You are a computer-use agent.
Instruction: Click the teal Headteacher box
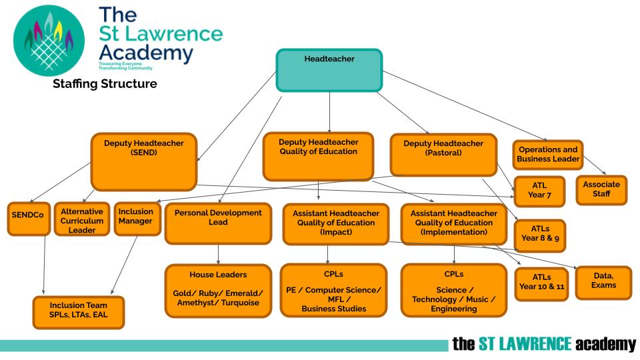[329, 69]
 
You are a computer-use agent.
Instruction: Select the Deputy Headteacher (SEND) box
[144, 162]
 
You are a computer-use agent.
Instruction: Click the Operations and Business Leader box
[548, 155]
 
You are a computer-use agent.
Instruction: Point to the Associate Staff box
[601, 189]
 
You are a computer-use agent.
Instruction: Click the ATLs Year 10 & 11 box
[542, 283]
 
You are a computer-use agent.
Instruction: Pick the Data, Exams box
[603, 281]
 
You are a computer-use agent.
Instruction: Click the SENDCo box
[29, 219]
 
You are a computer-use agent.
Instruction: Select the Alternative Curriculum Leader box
[81, 219]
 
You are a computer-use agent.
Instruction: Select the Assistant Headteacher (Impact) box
[336, 223]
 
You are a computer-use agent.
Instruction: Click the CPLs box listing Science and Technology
[453, 290]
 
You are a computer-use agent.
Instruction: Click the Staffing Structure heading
[105, 84]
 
